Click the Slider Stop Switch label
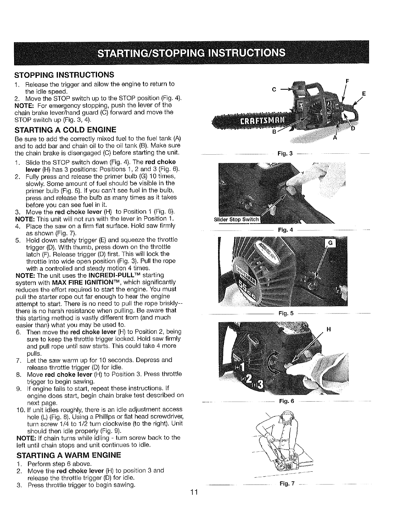(x=237, y=220)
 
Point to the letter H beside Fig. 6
(x=328, y=330)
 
